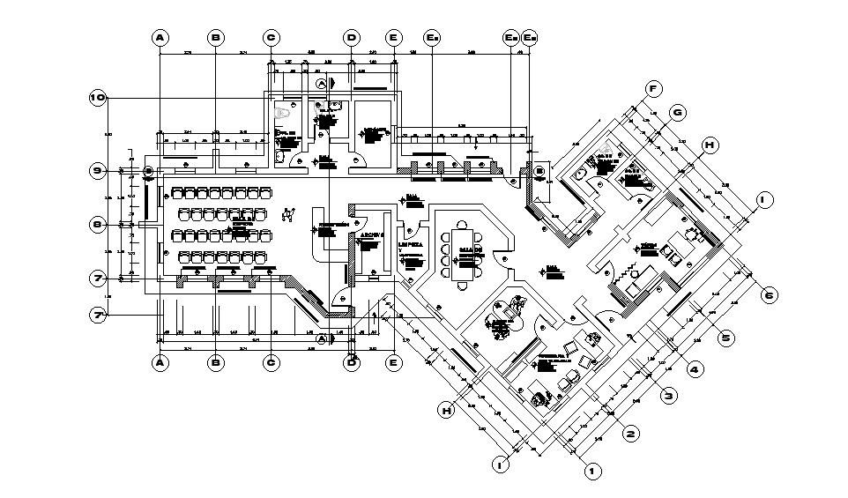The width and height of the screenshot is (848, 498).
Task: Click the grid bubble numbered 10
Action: (98, 98)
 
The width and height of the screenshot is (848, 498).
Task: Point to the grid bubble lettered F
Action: (653, 89)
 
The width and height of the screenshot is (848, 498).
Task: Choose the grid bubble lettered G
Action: (678, 112)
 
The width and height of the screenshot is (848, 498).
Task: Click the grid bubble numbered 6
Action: (769, 295)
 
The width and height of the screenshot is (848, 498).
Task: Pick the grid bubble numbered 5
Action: (726, 336)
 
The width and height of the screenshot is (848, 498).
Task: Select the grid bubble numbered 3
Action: (669, 397)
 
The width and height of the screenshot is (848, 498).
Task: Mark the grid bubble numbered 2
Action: (630, 434)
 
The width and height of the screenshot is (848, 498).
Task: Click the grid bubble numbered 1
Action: (593, 472)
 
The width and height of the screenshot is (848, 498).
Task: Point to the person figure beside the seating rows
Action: (288, 213)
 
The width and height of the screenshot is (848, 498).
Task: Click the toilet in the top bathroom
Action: (284, 113)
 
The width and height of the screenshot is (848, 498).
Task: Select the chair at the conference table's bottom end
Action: (465, 283)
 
